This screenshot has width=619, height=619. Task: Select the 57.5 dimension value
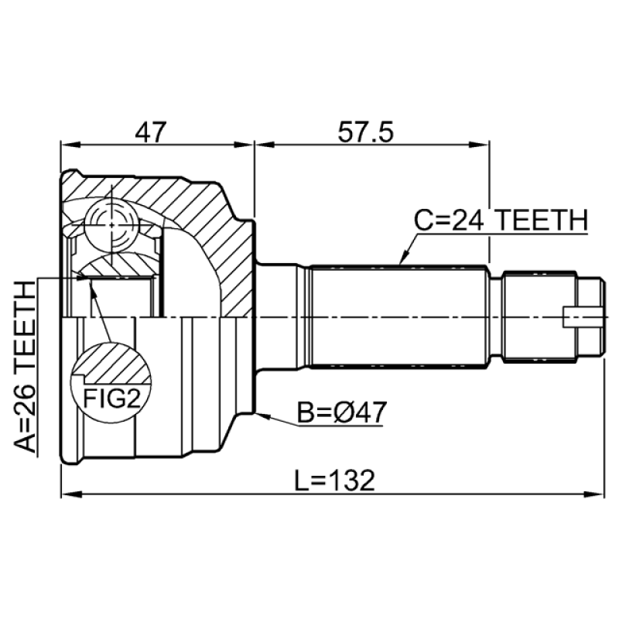point(366,132)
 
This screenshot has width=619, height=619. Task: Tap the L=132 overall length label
point(335,481)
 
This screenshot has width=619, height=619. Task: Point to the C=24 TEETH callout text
point(499,221)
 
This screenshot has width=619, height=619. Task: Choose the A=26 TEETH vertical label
point(26,367)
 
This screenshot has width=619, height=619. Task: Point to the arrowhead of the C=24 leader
point(401,261)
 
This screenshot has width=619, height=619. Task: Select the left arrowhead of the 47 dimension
point(67,143)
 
